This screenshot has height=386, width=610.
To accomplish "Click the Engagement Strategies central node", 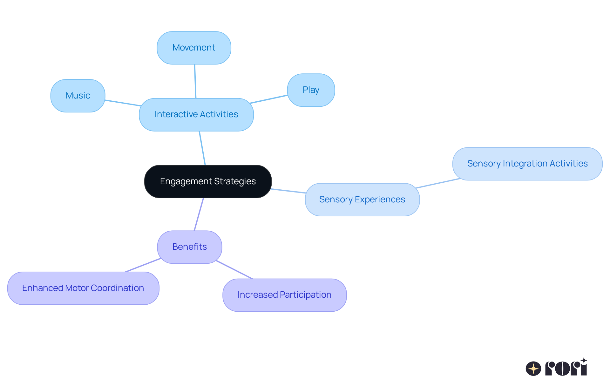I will click(x=208, y=181).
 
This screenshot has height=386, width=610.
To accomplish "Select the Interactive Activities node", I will click(x=196, y=114).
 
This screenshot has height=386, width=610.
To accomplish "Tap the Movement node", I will click(x=194, y=48).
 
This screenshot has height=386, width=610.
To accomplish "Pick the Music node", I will click(x=78, y=96).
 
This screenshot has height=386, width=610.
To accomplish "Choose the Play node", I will click(x=311, y=90).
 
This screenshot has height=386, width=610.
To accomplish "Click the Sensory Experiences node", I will click(x=362, y=200).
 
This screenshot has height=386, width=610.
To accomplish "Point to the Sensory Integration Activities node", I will click(x=527, y=164).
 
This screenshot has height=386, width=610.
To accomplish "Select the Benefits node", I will click(x=189, y=247).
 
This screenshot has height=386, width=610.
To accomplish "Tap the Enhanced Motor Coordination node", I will click(x=83, y=288).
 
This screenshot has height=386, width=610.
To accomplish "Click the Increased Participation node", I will click(x=284, y=295).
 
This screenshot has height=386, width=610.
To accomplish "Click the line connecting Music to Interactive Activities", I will click(x=123, y=103).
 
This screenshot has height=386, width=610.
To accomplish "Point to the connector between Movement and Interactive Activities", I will click(x=195, y=81).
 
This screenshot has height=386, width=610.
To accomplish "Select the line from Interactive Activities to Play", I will click(x=269, y=99).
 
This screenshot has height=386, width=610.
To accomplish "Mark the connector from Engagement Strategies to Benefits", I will click(x=199, y=214).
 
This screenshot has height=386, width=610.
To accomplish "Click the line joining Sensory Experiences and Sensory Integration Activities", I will click(x=438, y=183).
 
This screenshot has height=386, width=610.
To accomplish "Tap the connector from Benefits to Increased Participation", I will click(x=234, y=269).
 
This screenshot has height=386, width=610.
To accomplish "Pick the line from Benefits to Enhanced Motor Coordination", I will click(x=143, y=265).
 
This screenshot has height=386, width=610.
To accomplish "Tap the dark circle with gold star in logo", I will click(x=533, y=369).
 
